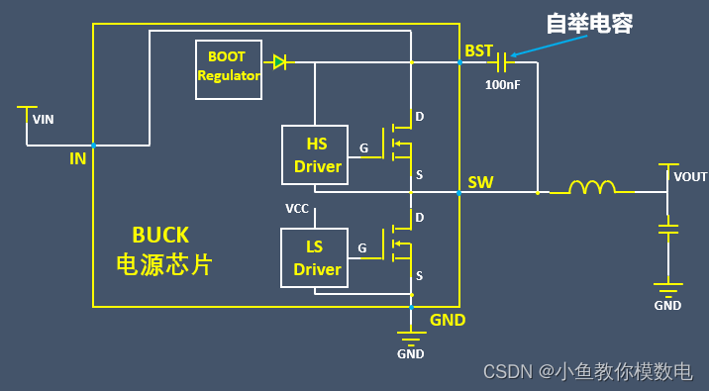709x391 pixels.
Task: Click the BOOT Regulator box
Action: (x=229, y=70)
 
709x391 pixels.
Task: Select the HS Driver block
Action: (x=316, y=155)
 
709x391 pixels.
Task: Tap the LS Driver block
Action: (x=316, y=258)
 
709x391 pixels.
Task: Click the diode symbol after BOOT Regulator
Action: (x=281, y=62)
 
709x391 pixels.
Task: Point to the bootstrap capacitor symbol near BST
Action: (x=504, y=62)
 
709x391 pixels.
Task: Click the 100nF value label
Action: (x=503, y=85)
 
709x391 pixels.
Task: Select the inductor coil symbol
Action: (x=592, y=188)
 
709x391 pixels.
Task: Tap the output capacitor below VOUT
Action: (x=669, y=229)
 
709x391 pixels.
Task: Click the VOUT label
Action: (x=690, y=177)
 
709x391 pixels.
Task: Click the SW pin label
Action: (x=480, y=182)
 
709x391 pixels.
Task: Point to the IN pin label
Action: (x=77, y=158)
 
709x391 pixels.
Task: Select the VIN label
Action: (x=44, y=120)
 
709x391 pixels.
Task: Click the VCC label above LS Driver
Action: (x=296, y=209)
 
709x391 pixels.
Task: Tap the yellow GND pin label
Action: (x=448, y=320)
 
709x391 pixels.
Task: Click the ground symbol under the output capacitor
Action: (x=668, y=289)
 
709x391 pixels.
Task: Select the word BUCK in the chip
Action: (x=160, y=235)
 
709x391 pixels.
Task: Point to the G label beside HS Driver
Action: (x=363, y=148)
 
